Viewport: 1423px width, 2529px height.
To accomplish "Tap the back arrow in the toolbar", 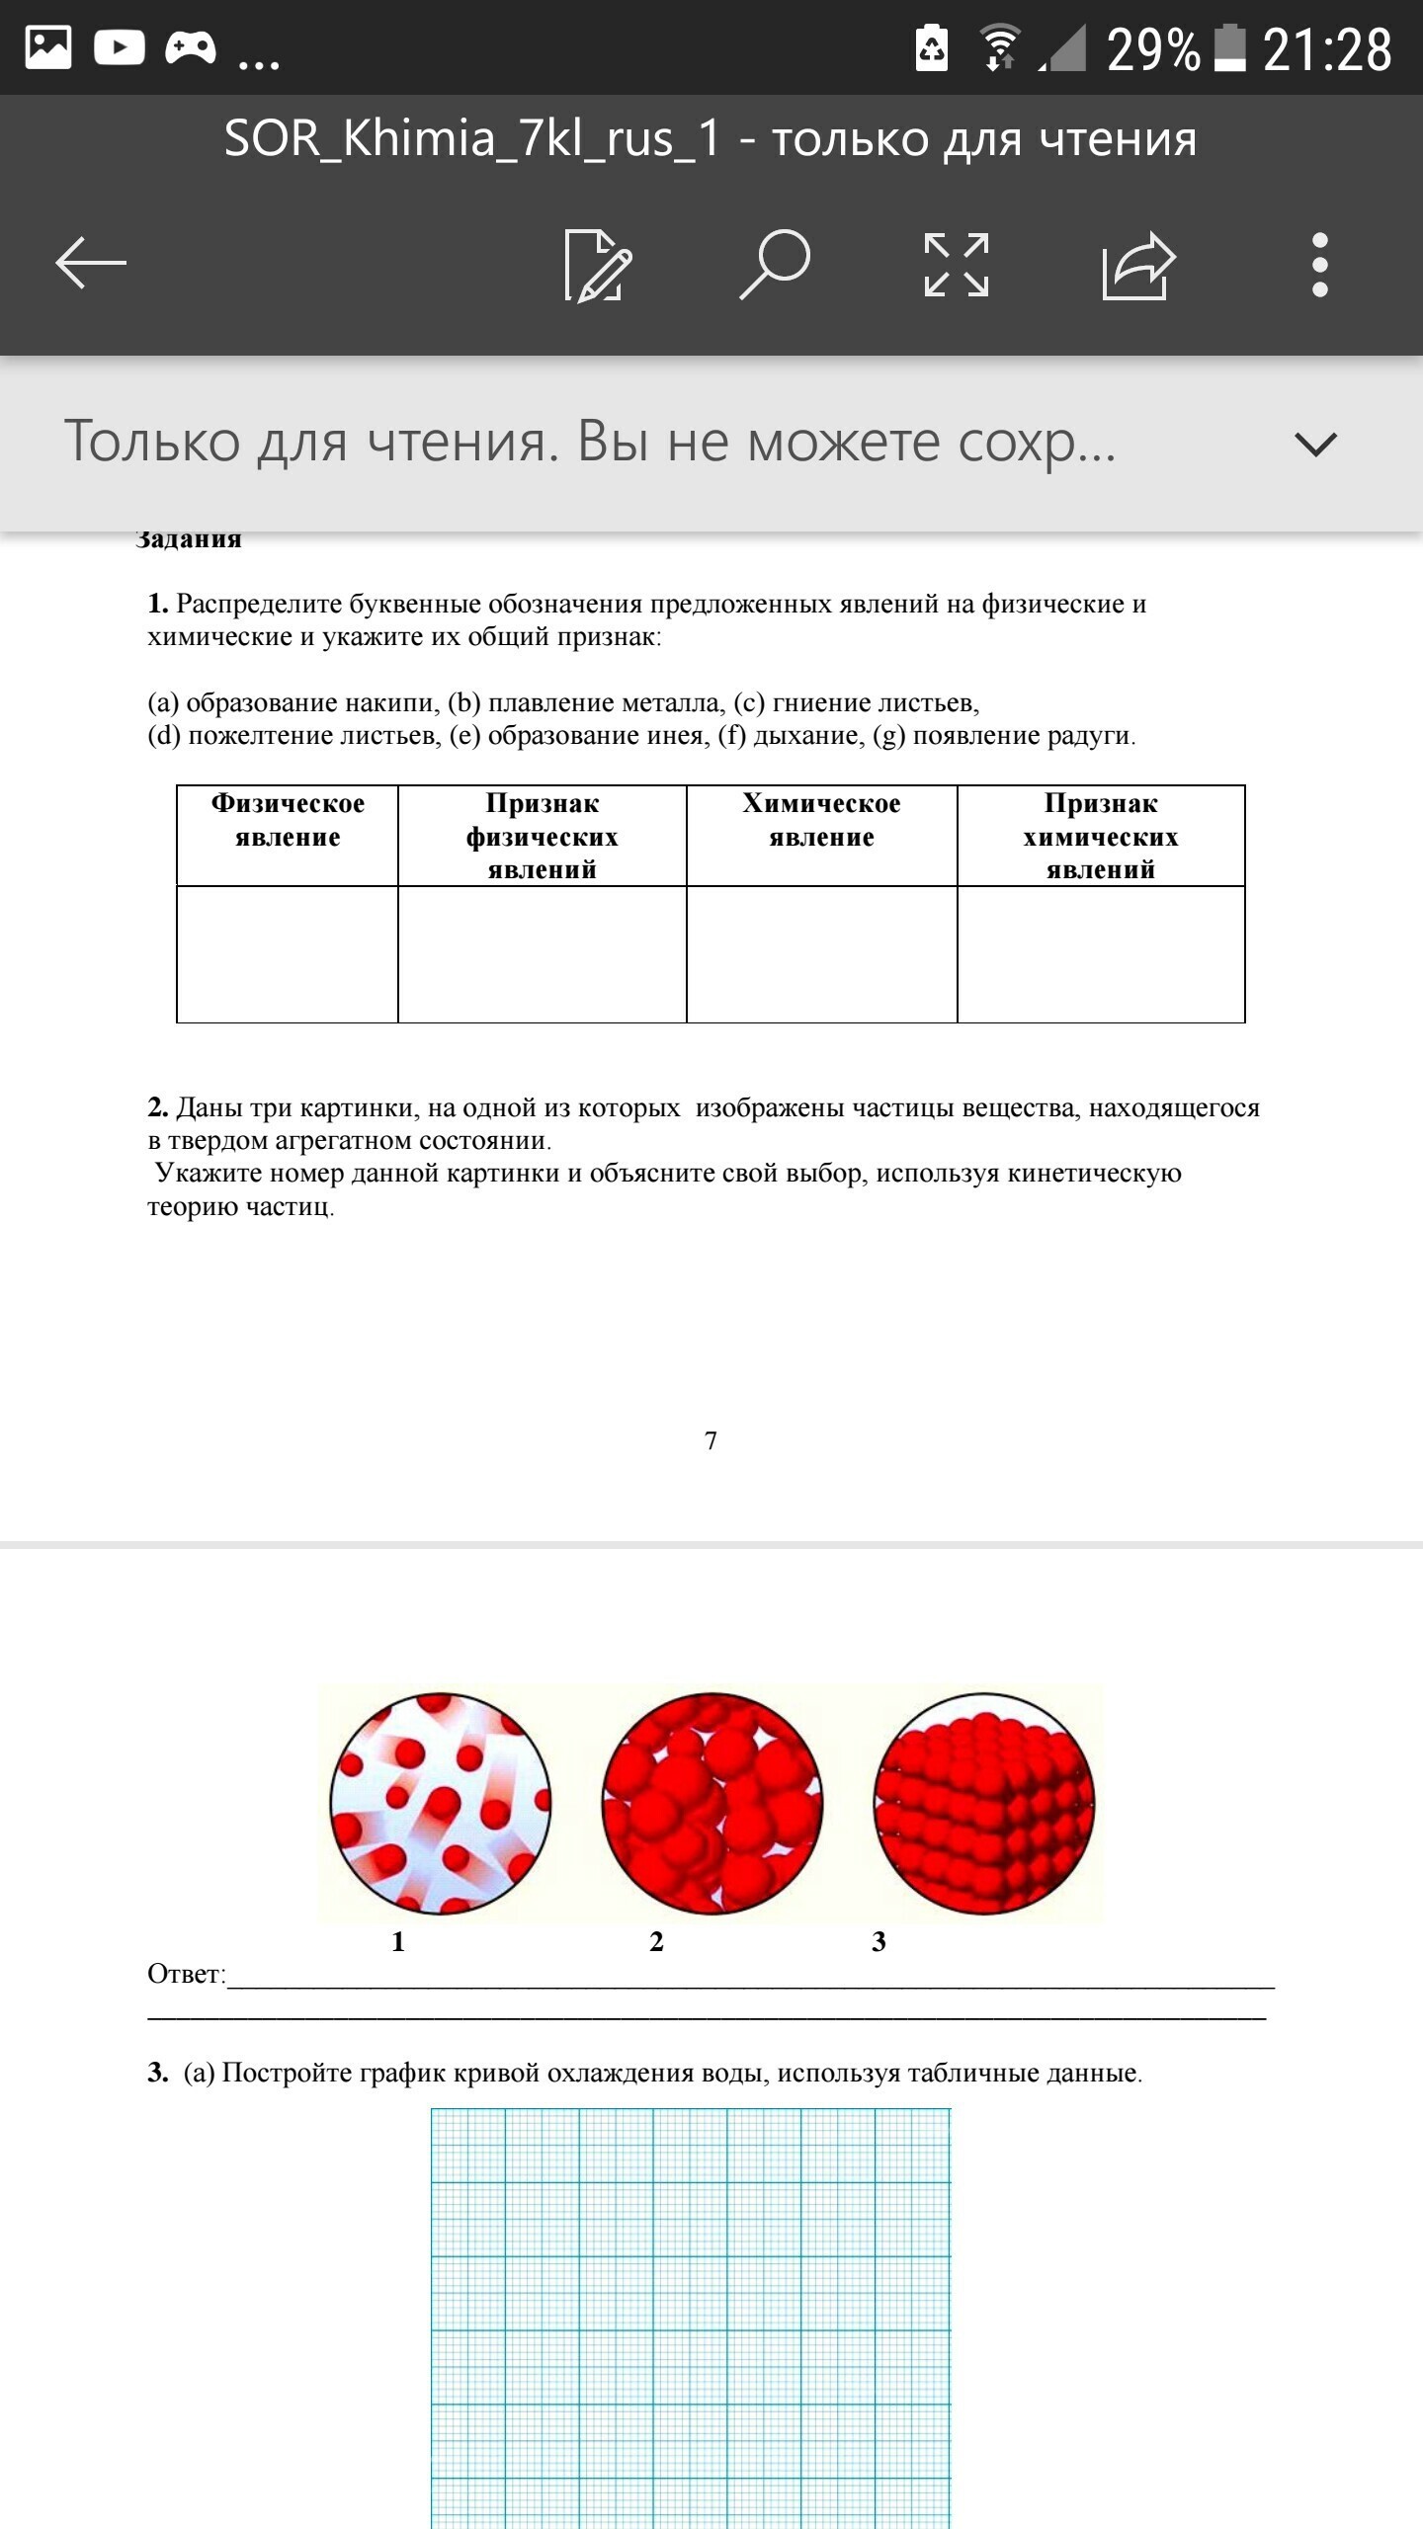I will (91, 264).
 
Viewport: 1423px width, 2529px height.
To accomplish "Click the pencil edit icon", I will (597, 265).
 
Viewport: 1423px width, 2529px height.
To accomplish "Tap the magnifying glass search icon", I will (776, 264).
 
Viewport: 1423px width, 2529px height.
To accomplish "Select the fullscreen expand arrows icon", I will (956, 265).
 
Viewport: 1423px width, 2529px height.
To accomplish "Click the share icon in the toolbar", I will (1138, 265).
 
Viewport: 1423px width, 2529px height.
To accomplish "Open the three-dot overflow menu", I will (1319, 265).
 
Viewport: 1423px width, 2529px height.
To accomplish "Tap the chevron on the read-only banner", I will (1315, 444).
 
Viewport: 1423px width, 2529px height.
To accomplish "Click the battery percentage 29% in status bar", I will (1152, 49).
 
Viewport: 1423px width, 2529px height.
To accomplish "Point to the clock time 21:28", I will (1327, 49).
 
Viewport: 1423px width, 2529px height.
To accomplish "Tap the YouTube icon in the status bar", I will (120, 47).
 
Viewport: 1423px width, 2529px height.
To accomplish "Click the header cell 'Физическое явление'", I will (288, 821).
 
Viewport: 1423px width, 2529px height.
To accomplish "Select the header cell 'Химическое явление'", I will (821, 821).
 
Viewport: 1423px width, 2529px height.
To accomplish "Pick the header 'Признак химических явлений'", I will (1101, 836).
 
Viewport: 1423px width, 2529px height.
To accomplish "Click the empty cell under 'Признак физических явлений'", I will (542, 954).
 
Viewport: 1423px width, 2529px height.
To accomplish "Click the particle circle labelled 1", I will (440, 1804).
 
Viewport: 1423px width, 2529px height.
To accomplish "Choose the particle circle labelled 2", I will (711, 1804).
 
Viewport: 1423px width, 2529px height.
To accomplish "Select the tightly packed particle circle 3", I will (984, 1804).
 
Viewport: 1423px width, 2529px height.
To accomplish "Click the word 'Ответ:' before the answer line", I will (186, 1974).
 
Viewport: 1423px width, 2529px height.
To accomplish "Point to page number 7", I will (711, 1441).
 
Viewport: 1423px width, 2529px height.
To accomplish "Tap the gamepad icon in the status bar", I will (191, 47).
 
